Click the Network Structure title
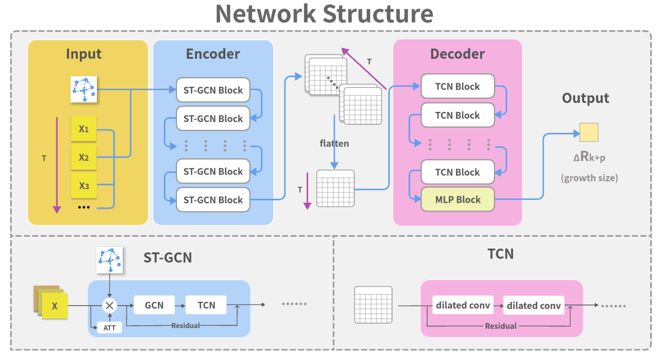[x=324, y=14]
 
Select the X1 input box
[x=84, y=129]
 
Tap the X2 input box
[x=84, y=157]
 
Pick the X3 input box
[x=84, y=186]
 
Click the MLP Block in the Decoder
[x=458, y=200]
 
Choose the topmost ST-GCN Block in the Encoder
[x=213, y=90]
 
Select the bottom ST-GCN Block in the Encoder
[x=213, y=200]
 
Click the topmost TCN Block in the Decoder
[x=458, y=86]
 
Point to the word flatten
[x=334, y=143]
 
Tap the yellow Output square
[x=589, y=133]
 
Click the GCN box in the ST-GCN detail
[x=155, y=305]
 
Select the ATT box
[x=109, y=328]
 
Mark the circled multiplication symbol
[x=110, y=305]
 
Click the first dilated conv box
[x=463, y=306]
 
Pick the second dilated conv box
[x=534, y=306]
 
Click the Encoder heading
[x=213, y=54]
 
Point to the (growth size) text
[x=589, y=178]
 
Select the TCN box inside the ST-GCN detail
[x=206, y=305]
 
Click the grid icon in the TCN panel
[x=374, y=305]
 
